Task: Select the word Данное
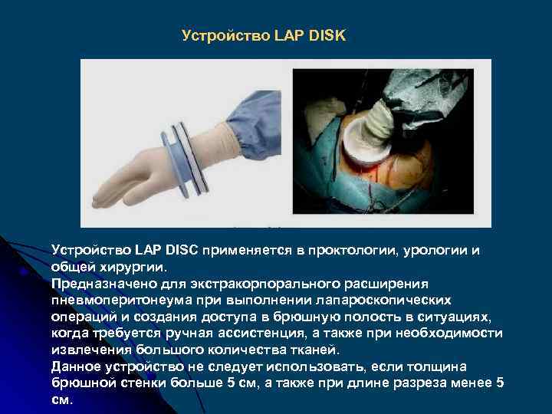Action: [x=76, y=366]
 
